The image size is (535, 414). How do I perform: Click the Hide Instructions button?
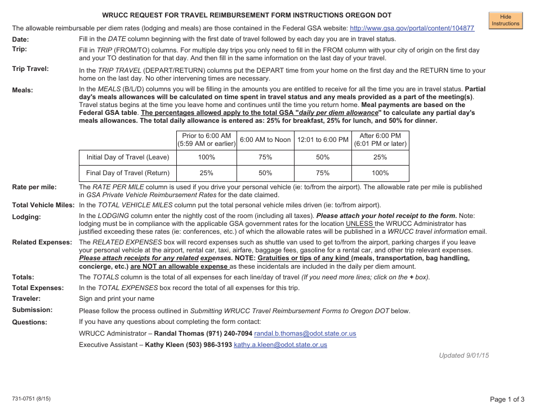click(x=505, y=20)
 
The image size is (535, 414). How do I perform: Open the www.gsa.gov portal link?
click(x=412, y=28)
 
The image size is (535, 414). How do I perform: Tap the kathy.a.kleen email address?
click(x=280, y=345)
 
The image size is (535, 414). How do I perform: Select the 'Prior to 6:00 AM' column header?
click(x=206, y=140)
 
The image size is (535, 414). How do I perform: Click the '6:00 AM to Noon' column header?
click(x=265, y=140)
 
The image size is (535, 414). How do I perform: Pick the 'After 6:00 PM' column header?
click(x=380, y=140)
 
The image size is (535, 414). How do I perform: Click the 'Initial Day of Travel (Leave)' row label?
click(x=127, y=157)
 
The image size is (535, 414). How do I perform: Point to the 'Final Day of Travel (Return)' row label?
click(x=127, y=173)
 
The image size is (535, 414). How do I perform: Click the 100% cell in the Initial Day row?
click(x=206, y=157)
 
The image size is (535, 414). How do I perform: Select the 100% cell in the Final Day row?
click(x=380, y=173)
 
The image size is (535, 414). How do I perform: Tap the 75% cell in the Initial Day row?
click(x=265, y=157)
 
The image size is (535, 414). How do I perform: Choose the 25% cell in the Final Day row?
click(x=206, y=173)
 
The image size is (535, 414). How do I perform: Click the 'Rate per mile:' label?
click(x=35, y=187)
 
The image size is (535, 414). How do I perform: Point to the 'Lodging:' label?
click(x=26, y=217)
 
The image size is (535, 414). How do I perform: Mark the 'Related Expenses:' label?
click(x=42, y=242)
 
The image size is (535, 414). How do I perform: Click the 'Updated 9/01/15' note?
click(x=464, y=355)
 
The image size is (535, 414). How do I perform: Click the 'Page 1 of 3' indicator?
click(x=507, y=399)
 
